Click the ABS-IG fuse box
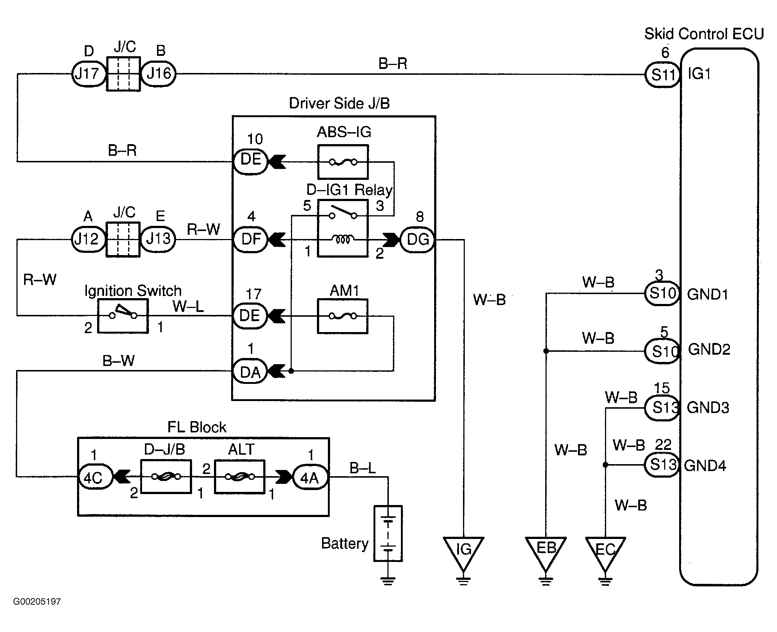343,162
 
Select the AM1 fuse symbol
342,316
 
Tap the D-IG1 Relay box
343,228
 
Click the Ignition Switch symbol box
123,316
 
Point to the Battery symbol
388,533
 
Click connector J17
88,74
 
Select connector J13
158,239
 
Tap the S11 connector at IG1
662,74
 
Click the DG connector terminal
418,239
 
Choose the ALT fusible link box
240,477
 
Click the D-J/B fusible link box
166,477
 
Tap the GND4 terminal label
705,466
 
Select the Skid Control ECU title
704,34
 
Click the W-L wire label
188,307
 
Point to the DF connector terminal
251,239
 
